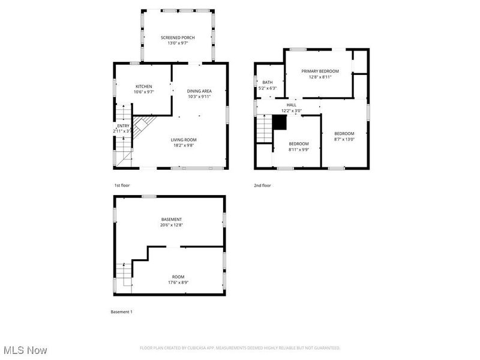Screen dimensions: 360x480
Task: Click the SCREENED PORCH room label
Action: [x=177, y=38]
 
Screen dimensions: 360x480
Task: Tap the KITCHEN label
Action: [x=143, y=86]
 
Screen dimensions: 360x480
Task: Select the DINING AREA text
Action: [x=199, y=91]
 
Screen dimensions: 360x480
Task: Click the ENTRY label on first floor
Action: [x=123, y=126]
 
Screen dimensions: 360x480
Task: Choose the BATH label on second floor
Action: [x=267, y=83]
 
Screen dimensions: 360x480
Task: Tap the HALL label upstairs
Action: [x=291, y=105]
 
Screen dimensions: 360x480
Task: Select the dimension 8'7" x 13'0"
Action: [x=344, y=139]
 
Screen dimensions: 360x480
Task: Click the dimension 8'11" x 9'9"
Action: [x=299, y=149]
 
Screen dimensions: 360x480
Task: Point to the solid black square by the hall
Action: [x=279, y=122]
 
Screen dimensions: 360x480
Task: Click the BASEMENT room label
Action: [x=171, y=220]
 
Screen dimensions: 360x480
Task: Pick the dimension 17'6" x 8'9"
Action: [x=179, y=282]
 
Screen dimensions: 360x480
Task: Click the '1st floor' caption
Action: [x=122, y=185]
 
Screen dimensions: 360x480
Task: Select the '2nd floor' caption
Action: [x=262, y=185]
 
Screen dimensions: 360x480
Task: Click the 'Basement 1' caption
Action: [x=122, y=312]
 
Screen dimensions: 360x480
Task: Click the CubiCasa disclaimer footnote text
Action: [x=240, y=348]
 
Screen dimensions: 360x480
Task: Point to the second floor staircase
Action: [x=265, y=128]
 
